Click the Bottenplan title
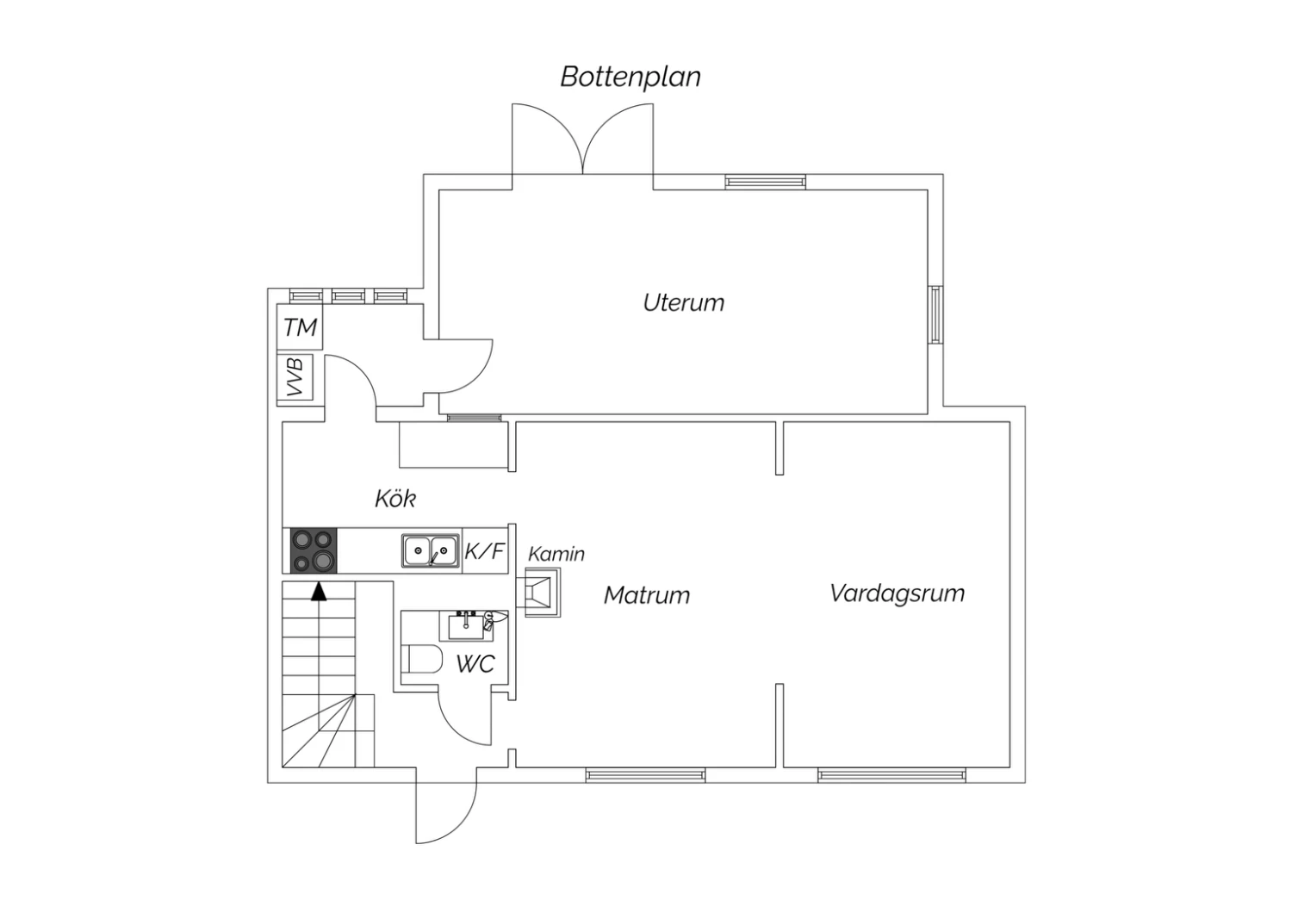coord(630,78)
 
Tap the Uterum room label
coord(684,303)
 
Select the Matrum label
coord(647,595)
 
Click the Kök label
coord(395,499)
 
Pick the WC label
coord(475,664)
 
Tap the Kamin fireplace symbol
coord(542,592)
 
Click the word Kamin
coord(556,554)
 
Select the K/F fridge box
coord(484,550)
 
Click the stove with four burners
coord(314,550)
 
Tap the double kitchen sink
coord(431,550)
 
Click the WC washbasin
coord(467,627)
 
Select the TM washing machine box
coord(300,327)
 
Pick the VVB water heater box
coord(295,377)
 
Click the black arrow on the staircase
coord(319,592)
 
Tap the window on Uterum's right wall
coord(935,315)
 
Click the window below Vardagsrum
coord(891,774)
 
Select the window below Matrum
coord(645,774)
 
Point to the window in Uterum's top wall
coord(766,182)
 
